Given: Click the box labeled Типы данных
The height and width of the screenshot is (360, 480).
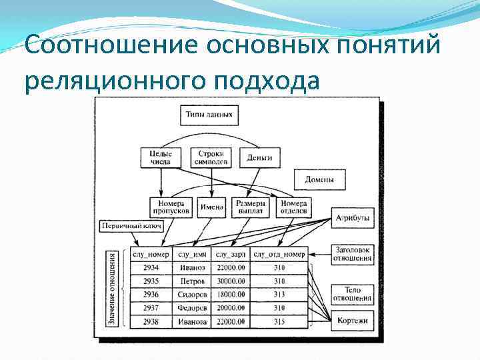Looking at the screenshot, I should tap(209, 115).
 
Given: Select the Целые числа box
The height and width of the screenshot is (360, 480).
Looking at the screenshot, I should tap(160, 157).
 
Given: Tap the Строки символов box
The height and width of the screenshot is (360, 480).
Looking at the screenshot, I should tap(211, 157).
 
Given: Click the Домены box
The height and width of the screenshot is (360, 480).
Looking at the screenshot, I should tap(320, 179).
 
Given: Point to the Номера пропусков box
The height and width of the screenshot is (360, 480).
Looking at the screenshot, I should tap(171, 207).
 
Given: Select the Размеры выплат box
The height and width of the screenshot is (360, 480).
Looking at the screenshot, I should tap(251, 207).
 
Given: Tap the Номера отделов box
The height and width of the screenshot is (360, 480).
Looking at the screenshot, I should tap(293, 207).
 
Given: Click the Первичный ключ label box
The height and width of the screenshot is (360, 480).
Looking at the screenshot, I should tap(131, 227).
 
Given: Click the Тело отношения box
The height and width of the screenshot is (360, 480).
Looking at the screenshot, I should tap(353, 294).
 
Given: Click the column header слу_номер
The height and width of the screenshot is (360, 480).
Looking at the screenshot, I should tap(151, 254).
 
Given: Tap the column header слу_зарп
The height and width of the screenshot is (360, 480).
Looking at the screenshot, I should tap(231, 254).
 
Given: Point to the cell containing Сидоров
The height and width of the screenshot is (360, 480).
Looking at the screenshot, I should tap(193, 294).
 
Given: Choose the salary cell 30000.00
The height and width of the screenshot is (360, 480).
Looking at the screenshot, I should tap(231, 281).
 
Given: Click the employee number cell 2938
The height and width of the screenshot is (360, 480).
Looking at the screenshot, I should tap(151, 321).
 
